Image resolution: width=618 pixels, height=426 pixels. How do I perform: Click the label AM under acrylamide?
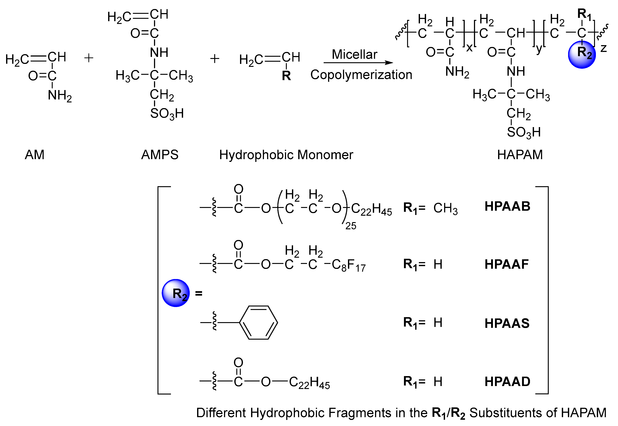point(34,155)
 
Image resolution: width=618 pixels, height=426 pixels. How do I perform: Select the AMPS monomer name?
point(160,155)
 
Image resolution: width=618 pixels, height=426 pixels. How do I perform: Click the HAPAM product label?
point(520,155)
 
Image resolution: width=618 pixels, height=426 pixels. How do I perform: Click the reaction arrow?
point(358,63)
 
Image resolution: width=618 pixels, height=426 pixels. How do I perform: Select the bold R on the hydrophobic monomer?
point(286,76)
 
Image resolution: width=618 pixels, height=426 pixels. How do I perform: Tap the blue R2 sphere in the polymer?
point(582,55)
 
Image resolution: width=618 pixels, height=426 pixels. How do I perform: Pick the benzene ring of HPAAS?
point(258,323)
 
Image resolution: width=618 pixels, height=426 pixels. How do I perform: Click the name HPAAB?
point(507,206)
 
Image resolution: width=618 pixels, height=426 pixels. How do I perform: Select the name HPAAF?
point(506,264)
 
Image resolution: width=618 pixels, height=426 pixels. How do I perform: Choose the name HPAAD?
point(507,381)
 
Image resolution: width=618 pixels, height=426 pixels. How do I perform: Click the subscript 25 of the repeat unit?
point(351,226)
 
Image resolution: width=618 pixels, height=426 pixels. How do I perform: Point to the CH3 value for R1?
point(445,208)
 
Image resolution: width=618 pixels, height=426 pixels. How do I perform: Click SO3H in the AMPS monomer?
point(167,114)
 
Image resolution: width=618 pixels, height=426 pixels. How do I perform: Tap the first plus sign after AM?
point(89,58)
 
